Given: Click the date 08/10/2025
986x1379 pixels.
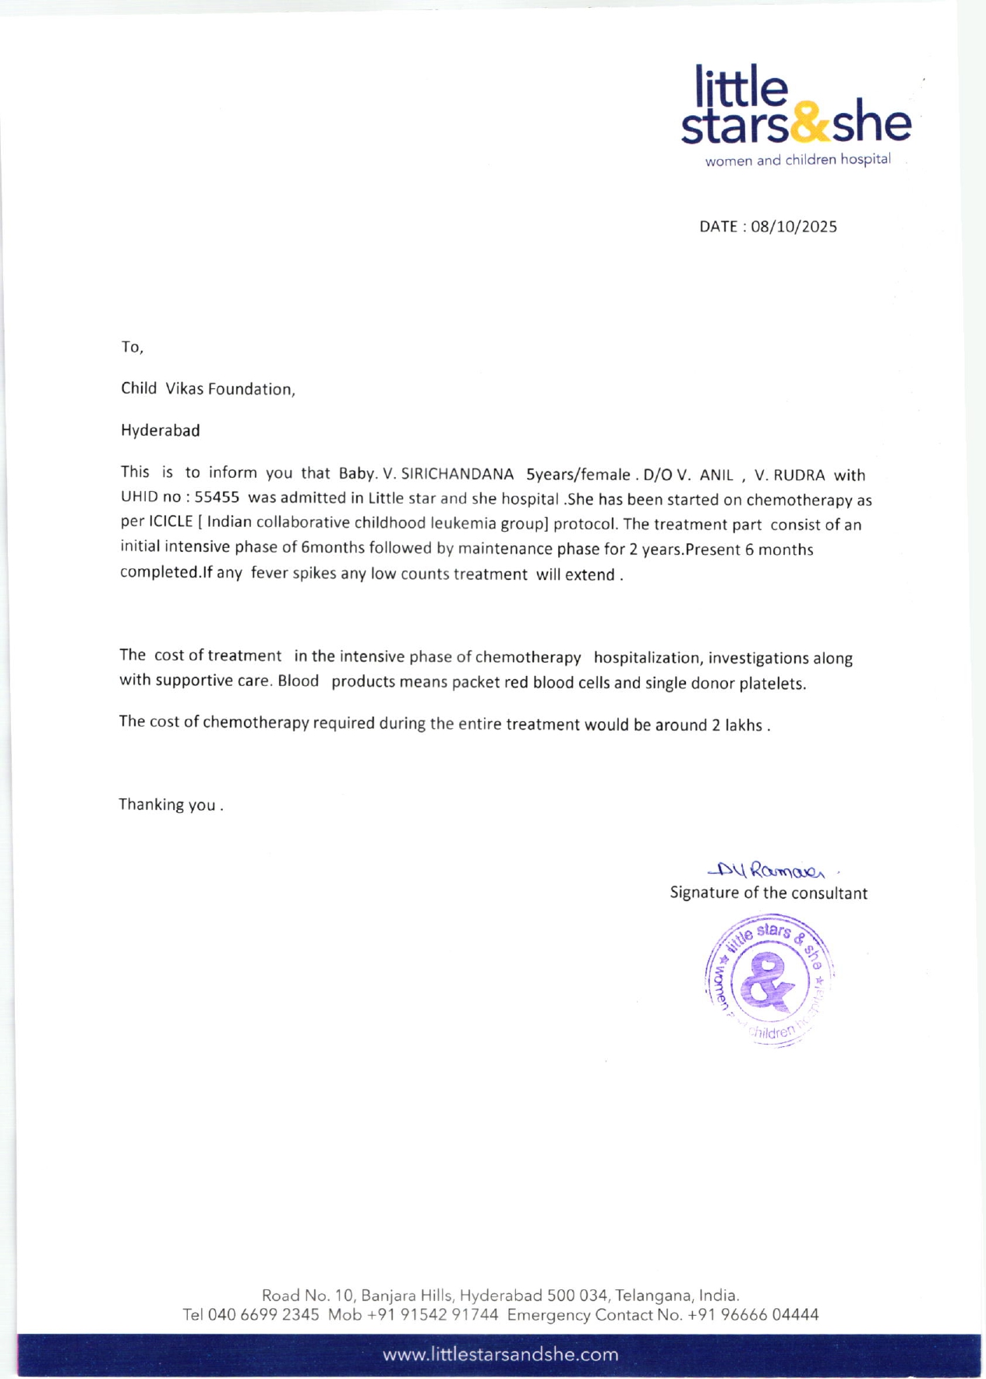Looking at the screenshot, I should [793, 227].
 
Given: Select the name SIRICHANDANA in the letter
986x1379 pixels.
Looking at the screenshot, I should [457, 474].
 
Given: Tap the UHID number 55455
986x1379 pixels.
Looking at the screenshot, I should [217, 497].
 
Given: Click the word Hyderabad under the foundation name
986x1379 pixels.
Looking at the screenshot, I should [161, 430].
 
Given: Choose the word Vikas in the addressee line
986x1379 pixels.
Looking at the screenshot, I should [184, 388].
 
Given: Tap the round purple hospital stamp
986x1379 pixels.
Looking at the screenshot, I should [769, 979].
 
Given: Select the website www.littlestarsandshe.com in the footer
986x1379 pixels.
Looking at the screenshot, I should [500, 1354].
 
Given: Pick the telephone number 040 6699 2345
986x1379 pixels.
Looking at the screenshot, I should [263, 1315].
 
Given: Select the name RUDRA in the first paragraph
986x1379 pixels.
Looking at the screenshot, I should [799, 475].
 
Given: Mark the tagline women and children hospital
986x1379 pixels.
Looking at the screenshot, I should [797, 160].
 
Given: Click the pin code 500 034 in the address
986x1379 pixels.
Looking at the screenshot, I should [577, 1295].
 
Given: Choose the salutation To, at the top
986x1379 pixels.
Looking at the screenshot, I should [132, 347].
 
